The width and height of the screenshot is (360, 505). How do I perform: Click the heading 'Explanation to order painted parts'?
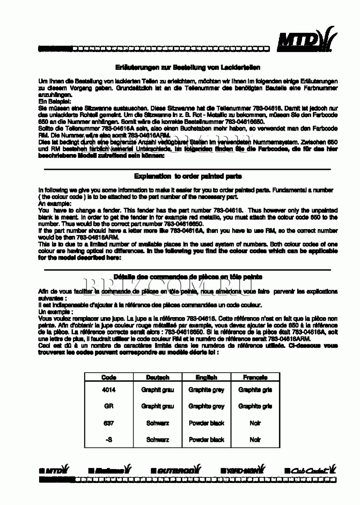188,176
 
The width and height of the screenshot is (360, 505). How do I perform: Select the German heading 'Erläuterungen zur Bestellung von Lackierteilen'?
188,67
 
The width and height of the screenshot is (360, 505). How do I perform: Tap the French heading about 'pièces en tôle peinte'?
188,277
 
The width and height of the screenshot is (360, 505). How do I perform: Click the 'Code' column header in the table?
109,377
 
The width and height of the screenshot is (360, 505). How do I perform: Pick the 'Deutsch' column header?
158,377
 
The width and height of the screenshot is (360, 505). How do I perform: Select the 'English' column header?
207,377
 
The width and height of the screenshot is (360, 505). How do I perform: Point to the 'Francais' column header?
255,377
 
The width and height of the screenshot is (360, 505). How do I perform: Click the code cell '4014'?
109,390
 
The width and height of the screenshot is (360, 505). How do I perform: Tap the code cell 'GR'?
109,406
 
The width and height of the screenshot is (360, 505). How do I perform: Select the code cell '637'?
109,423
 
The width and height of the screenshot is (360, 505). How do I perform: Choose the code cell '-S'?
109,440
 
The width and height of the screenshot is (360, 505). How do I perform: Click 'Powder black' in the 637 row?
207,423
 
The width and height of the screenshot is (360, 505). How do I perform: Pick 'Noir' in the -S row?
255,440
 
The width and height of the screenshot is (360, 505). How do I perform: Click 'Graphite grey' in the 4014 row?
207,390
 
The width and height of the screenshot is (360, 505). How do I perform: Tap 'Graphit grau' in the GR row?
158,406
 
